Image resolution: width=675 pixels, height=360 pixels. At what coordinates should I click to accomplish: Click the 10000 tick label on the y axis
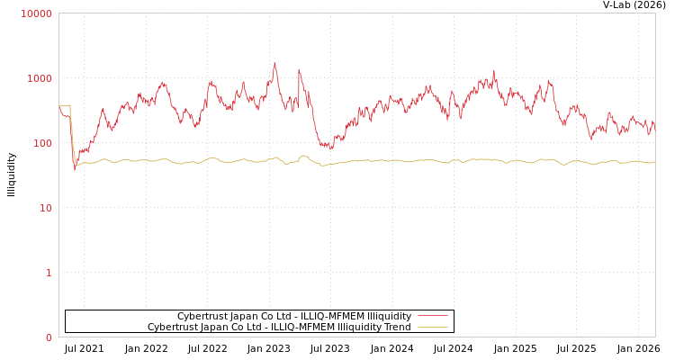click(x=37, y=13)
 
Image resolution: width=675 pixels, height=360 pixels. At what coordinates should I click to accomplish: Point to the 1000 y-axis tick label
click(x=40, y=78)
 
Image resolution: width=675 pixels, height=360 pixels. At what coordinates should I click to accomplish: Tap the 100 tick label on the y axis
click(x=42, y=143)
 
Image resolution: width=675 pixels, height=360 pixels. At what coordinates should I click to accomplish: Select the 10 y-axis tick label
click(x=45, y=208)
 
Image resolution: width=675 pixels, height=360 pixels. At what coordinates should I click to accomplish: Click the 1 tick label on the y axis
click(x=49, y=273)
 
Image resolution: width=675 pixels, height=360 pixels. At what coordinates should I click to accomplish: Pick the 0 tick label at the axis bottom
click(x=49, y=337)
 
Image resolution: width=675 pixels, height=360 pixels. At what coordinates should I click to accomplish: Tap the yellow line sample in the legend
click(x=433, y=328)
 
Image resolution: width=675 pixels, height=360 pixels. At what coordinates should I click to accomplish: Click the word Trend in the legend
click(x=396, y=328)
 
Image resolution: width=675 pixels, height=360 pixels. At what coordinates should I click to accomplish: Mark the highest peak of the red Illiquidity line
click(x=275, y=63)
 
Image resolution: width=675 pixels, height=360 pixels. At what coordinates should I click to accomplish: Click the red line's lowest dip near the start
click(x=75, y=169)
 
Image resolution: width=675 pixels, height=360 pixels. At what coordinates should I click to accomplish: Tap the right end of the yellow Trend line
click(x=654, y=162)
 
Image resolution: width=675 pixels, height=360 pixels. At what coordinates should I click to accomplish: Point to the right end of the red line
click(x=654, y=129)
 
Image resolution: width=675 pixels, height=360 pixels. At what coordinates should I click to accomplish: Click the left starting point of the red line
click(x=59, y=106)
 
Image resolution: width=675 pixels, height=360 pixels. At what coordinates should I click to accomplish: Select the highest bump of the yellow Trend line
click(x=304, y=156)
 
